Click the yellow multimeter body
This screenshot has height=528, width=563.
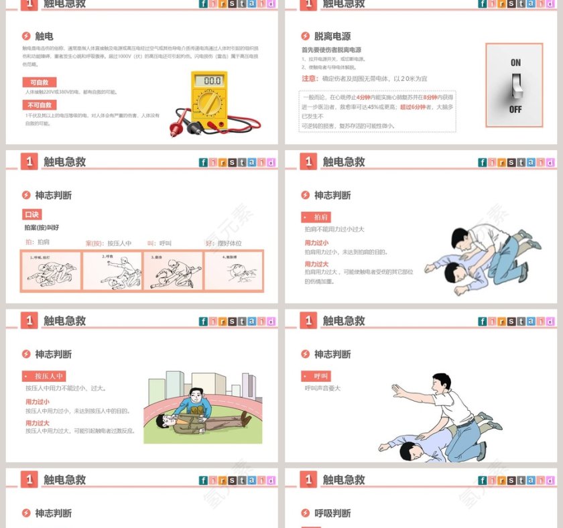pyautogui.click(x=208, y=101)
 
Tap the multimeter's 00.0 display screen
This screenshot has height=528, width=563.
pyautogui.click(x=212, y=80)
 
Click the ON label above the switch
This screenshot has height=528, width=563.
pyautogui.click(x=515, y=62)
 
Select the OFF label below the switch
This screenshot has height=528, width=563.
pyautogui.click(x=515, y=109)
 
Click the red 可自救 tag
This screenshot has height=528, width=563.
pyautogui.click(x=39, y=82)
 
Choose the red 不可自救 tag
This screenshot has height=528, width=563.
pyautogui.click(x=40, y=105)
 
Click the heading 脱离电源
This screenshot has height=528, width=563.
pyautogui.click(x=332, y=36)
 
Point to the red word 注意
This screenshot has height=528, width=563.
pyautogui.click(x=309, y=78)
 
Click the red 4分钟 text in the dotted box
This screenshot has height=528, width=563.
pyautogui.click(x=363, y=97)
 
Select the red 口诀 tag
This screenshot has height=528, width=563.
pyautogui.click(x=32, y=214)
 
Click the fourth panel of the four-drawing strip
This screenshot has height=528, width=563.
pyautogui.click(x=233, y=270)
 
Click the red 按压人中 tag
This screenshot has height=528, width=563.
pyautogui.click(x=44, y=376)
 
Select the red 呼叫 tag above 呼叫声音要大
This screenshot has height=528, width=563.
pyautogui.click(x=316, y=376)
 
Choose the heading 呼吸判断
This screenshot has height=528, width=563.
pyautogui.click(x=332, y=513)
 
